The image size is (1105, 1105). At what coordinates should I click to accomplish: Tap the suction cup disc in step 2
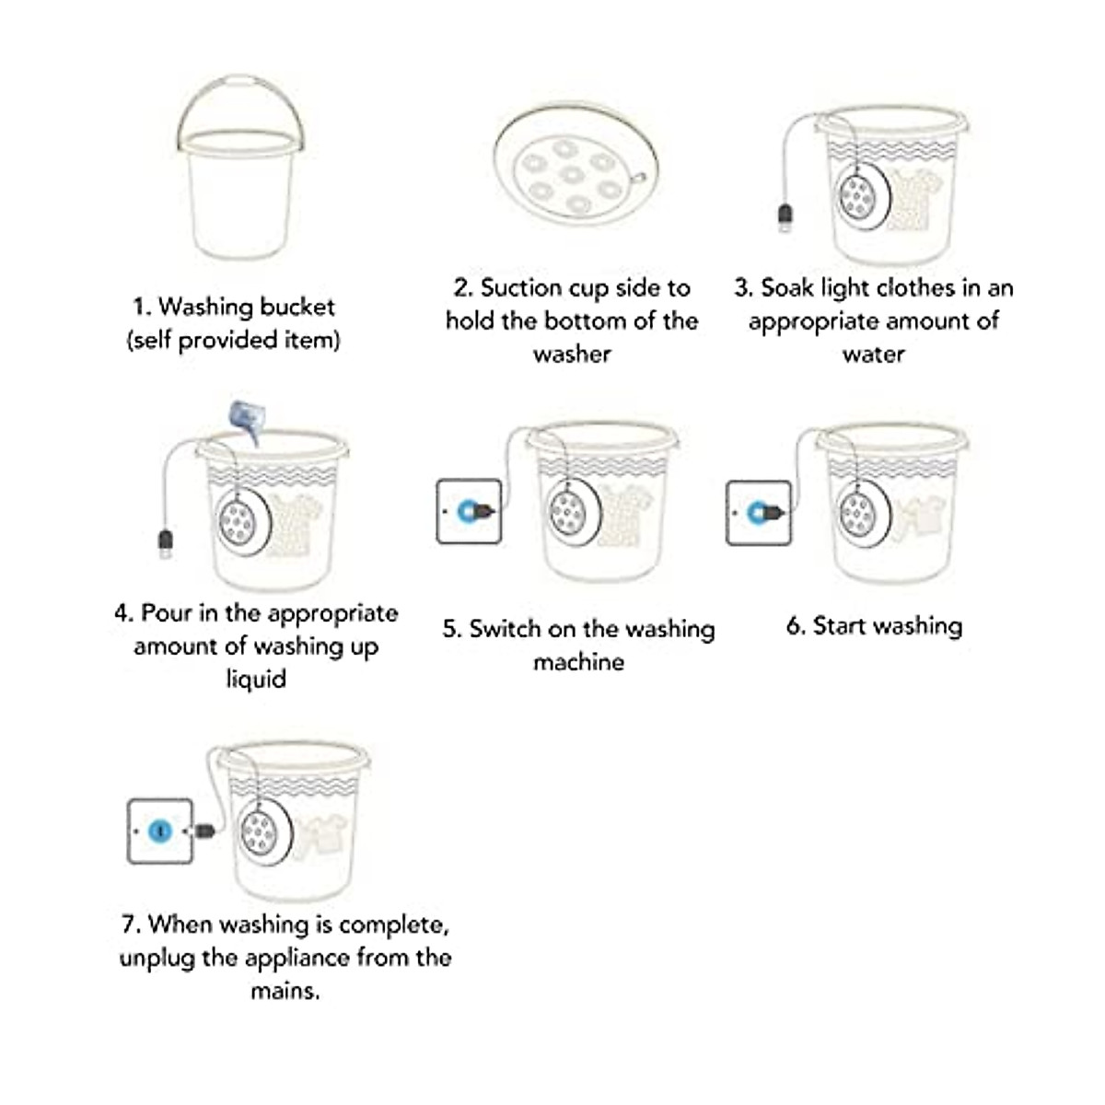click(x=575, y=171)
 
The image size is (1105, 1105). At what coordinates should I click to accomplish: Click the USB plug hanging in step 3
click(x=785, y=217)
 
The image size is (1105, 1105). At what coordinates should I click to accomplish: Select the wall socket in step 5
click(x=469, y=510)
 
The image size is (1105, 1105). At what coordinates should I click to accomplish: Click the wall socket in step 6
click(x=759, y=512)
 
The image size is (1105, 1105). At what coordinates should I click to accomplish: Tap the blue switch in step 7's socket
click(x=160, y=831)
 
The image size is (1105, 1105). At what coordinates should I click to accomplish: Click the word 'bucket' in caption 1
click(x=296, y=307)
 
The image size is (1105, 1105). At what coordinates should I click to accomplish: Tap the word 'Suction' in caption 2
click(x=521, y=288)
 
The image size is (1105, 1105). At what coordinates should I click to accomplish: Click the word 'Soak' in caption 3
click(x=787, y=288)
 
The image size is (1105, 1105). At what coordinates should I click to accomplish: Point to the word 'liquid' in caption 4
click(x=256, y=680)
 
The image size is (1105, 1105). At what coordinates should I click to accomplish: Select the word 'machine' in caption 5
click(x=578, y=662)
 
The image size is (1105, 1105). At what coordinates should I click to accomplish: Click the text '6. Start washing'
click(x=874, y=626)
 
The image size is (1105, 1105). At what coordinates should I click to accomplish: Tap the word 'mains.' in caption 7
click(x=285, y=991)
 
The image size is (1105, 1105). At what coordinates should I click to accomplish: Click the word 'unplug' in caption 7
click(x=157, y=958)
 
